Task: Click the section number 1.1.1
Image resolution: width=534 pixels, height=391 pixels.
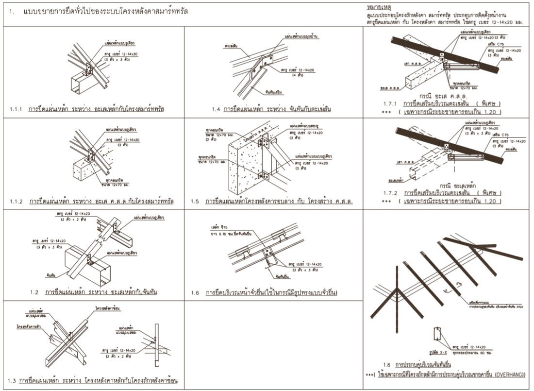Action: tap(16, 109)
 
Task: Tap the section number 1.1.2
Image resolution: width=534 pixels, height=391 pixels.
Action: tap(17, 201)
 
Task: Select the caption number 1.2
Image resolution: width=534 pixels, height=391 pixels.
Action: tap(34, 292)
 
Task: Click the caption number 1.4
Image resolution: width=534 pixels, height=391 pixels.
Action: tap(216, 109)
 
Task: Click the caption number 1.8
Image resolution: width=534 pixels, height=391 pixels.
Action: tap(386, 364)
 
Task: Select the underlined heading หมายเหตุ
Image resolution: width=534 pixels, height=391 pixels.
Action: tap(379, 8)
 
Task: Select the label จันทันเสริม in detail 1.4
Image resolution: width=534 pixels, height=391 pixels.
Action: tap(274, 91)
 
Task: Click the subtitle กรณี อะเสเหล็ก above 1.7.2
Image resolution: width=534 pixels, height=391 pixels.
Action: tap(456, 186)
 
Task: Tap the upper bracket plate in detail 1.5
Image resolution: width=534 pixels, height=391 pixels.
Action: tap(263, 142)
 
